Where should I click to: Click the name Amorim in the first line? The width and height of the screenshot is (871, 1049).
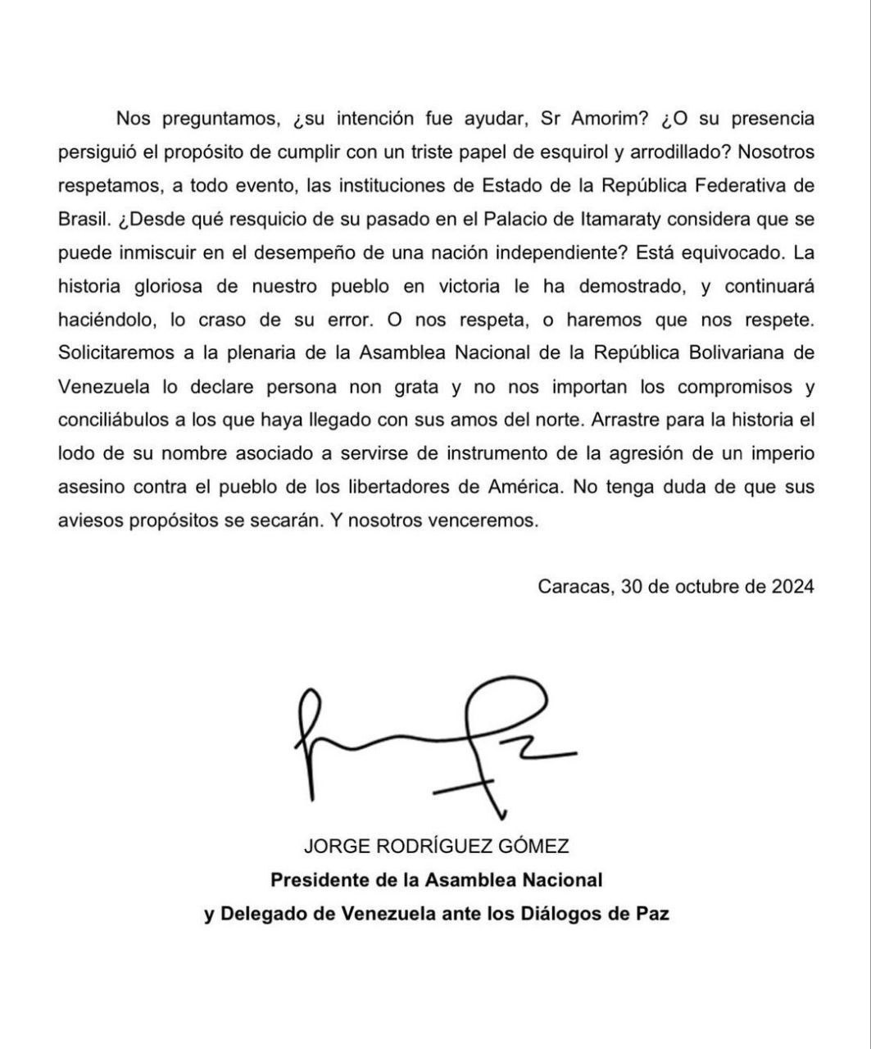(606, 119)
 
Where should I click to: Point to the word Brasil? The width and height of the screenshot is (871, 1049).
(80, 219)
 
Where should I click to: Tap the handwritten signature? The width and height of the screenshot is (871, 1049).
(434, 742)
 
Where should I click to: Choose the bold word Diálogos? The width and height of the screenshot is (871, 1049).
(560, 914)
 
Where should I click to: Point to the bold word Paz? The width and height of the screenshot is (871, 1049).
(650, 914)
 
